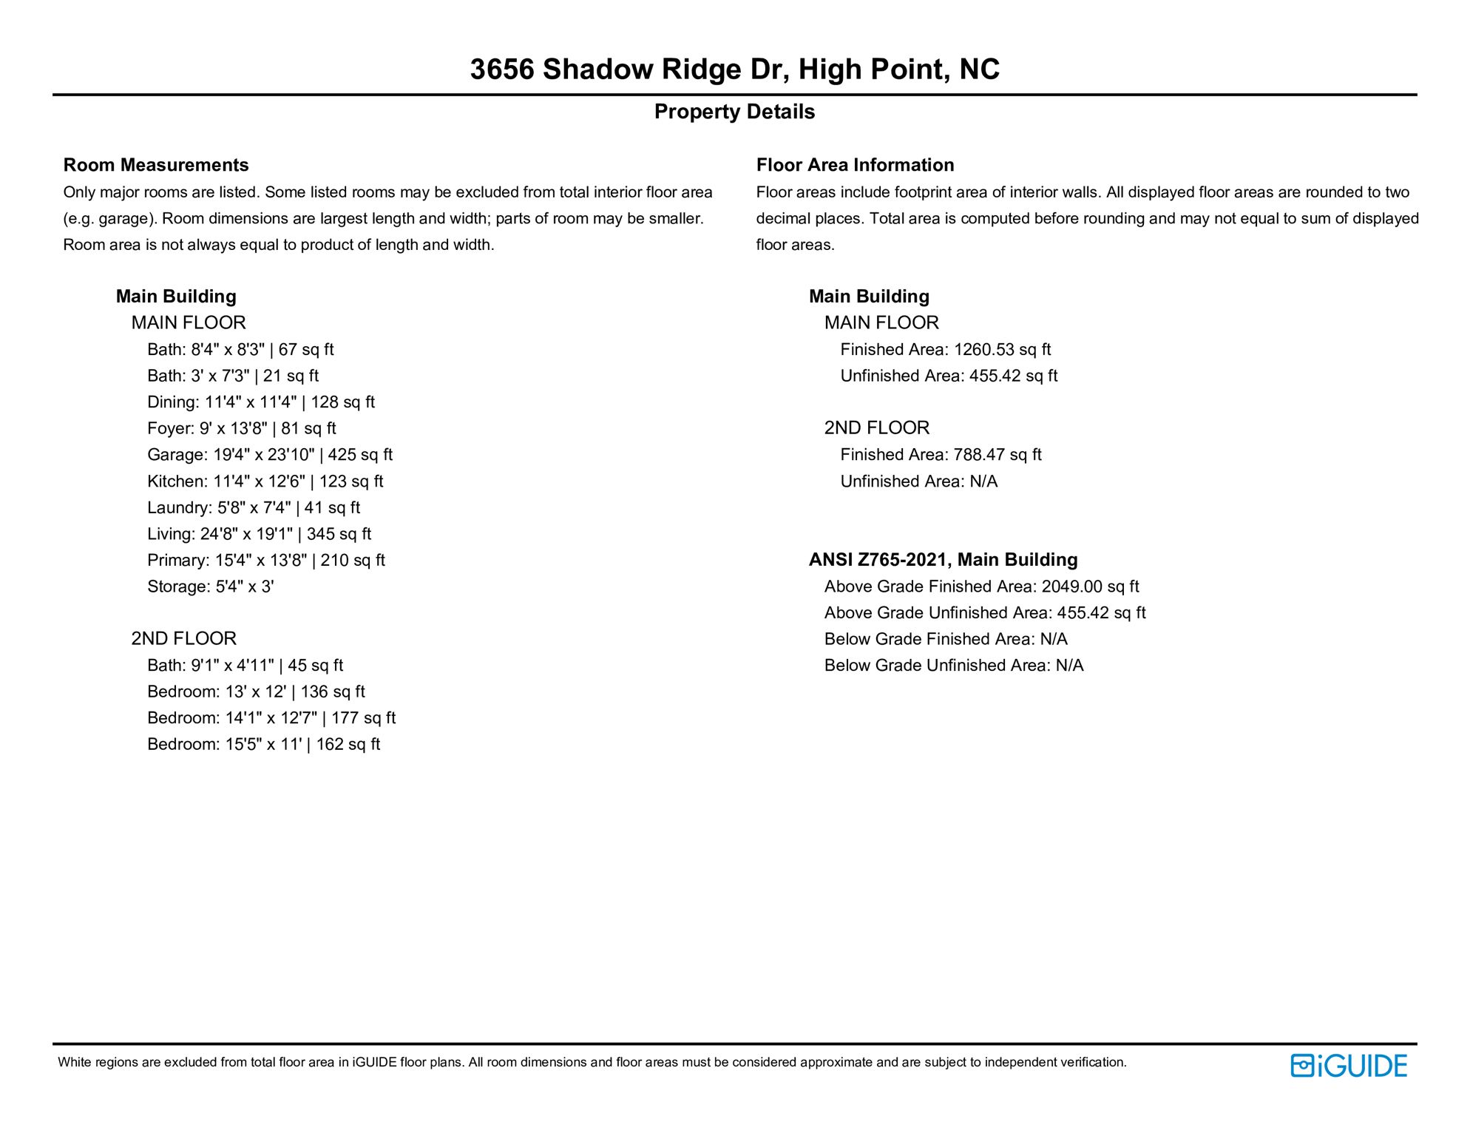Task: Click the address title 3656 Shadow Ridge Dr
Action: click(734, 70)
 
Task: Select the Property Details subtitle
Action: click(734, 112)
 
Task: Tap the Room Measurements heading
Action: click(155, 165)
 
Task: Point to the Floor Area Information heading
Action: click(855, 165)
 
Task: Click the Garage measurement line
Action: click(269, 455)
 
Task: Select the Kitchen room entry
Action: click(265, 481)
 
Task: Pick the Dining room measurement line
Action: click(260, 402)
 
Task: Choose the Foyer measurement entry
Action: click(241, 428)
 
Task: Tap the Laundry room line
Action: click(253, 507)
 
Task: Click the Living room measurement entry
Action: click(259, 534)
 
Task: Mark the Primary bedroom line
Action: click(265, 561)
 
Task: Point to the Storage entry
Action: click(210, 586)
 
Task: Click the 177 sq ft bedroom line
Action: click(271, 718)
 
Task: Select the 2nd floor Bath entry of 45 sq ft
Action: click(245, 666)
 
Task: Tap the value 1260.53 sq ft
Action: click(1002, 350)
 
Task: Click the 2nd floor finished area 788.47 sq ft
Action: click(997, 455)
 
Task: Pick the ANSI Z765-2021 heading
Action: click(943, 560)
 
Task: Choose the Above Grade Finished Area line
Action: click(981, 586)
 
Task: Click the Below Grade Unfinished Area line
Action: click(953, 666)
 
